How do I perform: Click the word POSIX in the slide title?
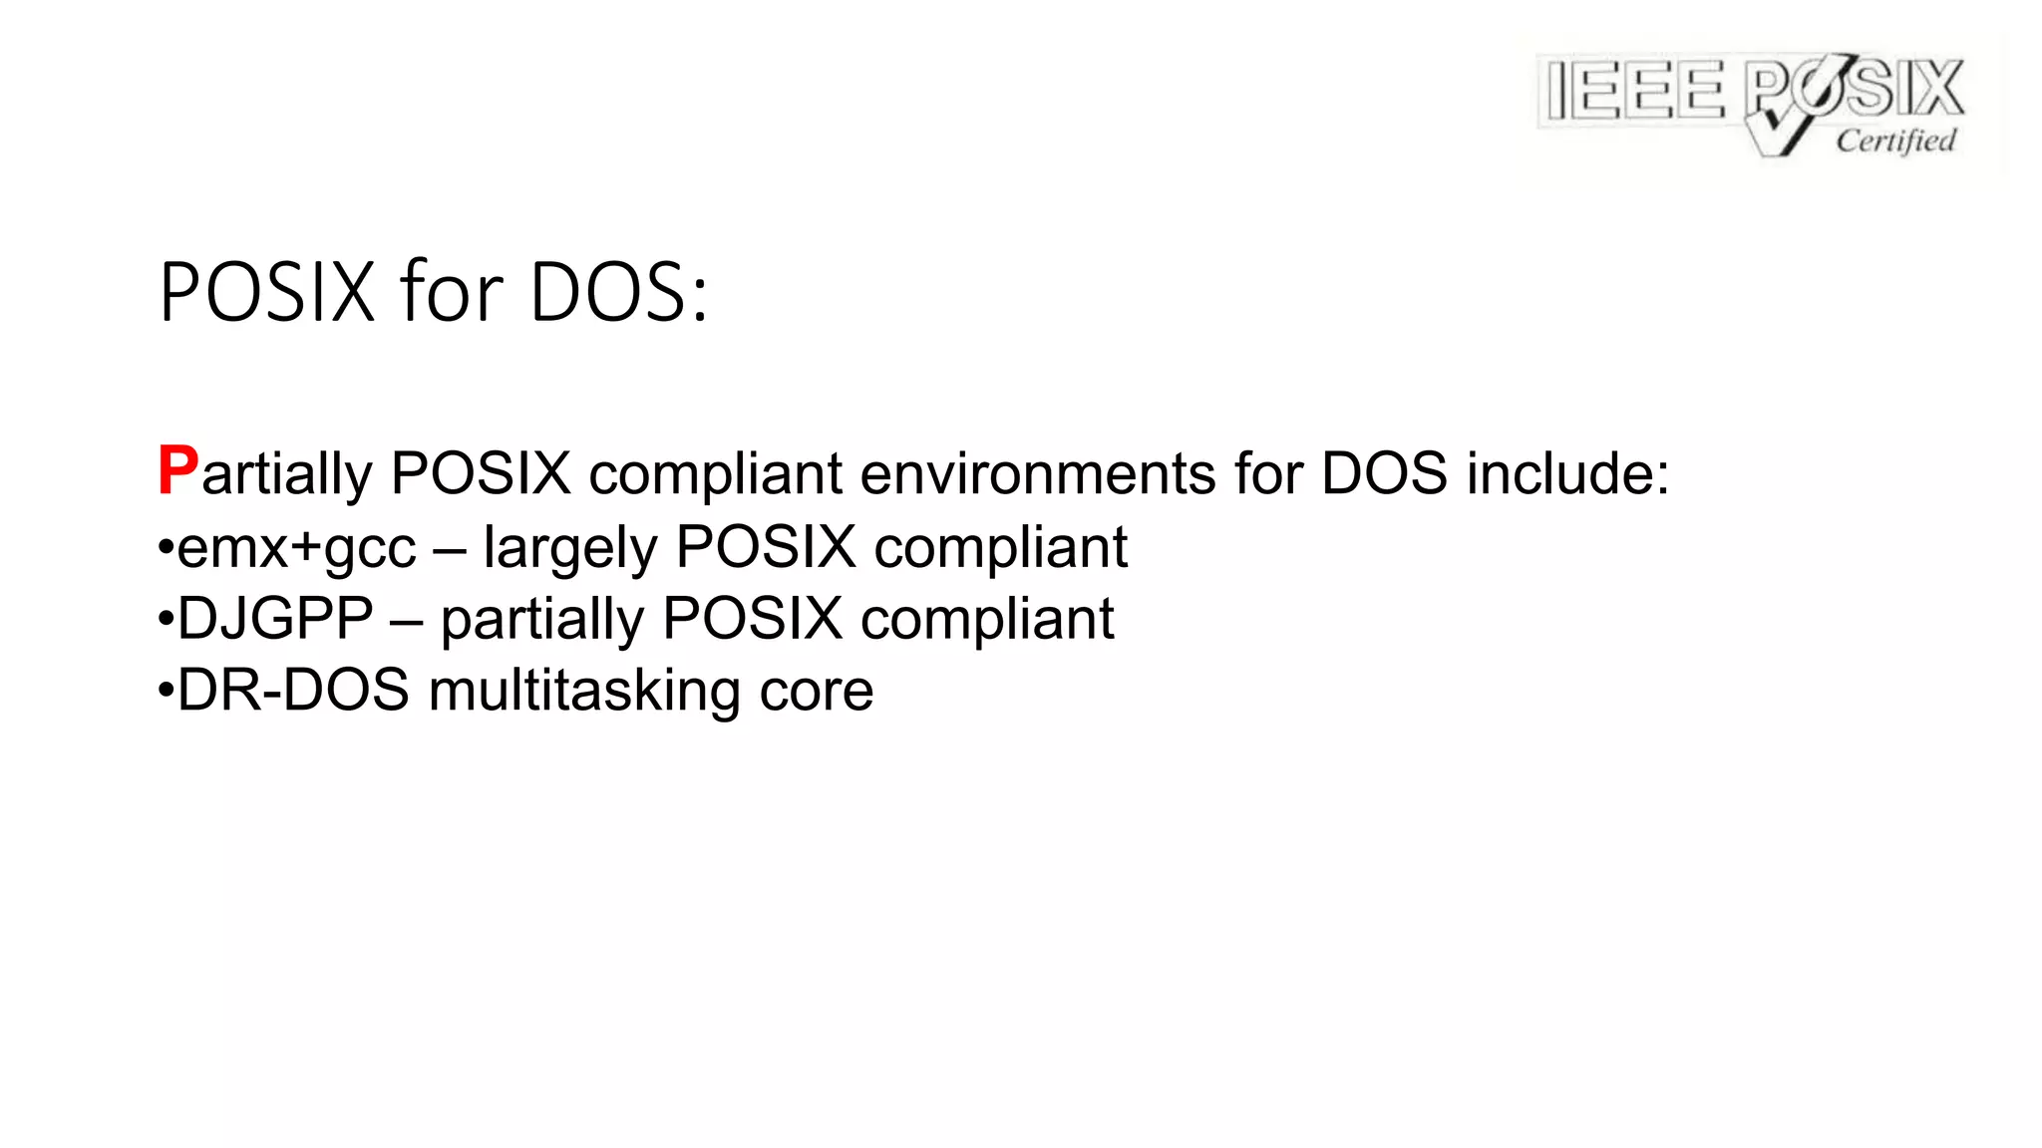coord(266,293)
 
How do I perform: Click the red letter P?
coord(177,470)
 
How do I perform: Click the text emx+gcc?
coord(296,548)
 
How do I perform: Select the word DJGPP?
coord(275,619)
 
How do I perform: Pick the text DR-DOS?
coord(293,690)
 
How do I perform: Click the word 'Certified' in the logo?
coord(1895,141)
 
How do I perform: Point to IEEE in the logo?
coord(1634,90)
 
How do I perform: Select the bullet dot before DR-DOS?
coord(167,690)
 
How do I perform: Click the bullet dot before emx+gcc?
coord(167,547)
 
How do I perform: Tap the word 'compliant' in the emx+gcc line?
coord(1000,548)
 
